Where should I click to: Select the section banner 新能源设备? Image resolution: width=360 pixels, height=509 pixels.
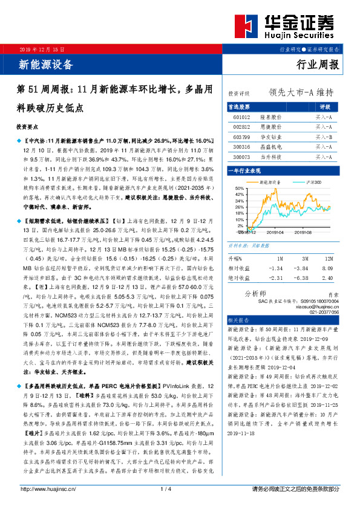(x=39, y=63)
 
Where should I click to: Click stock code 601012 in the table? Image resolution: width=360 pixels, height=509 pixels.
(x=241, y=117)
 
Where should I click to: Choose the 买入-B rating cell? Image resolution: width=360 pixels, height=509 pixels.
(x=324, y=137)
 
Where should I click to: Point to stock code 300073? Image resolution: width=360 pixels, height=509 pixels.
(x=241, y=156)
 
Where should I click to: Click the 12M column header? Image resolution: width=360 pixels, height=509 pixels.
(x=327, y=256)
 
